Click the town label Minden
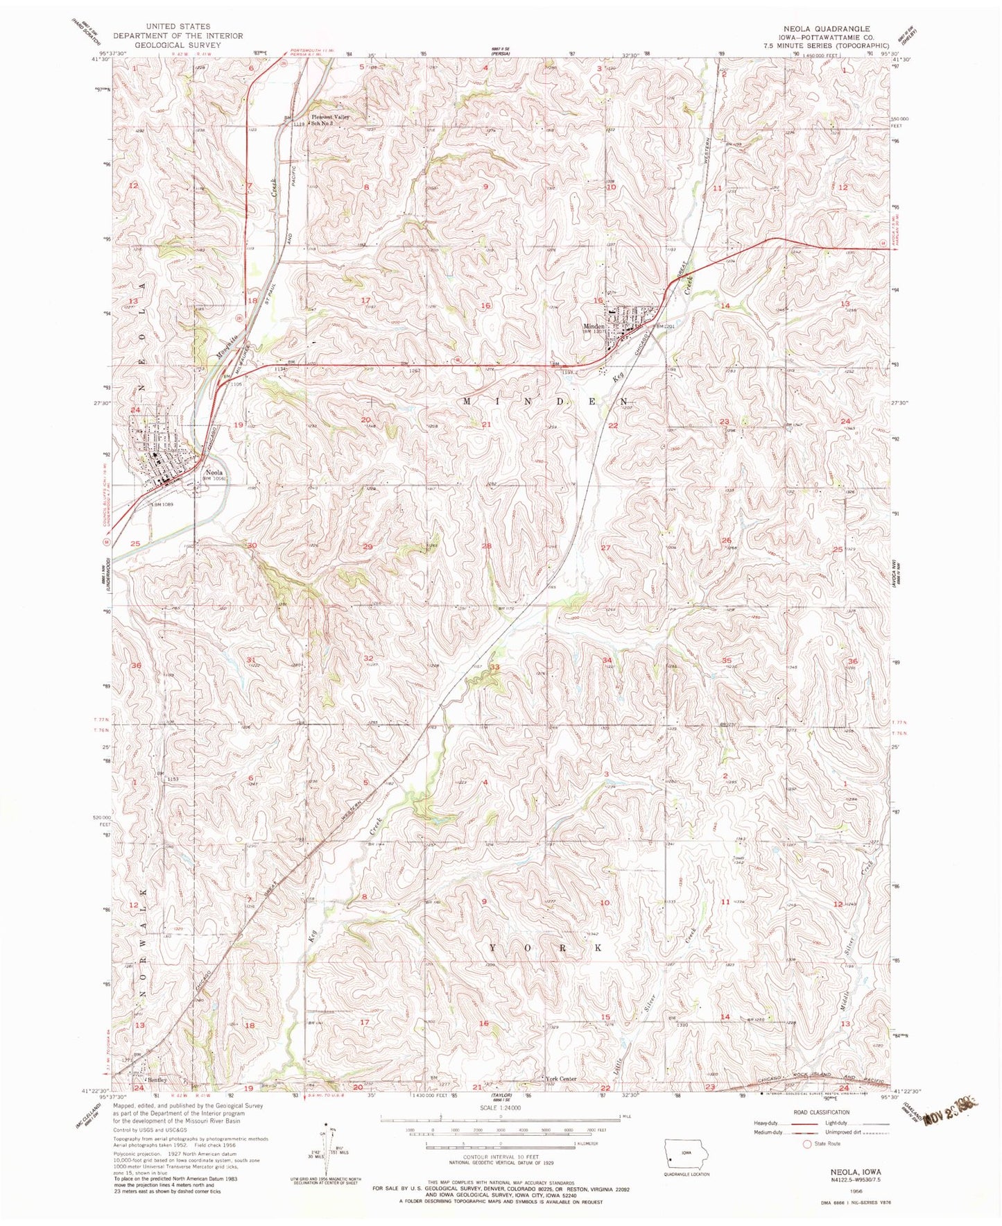tap(594, 326)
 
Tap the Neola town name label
tap(211, 476)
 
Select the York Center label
tap(562, 1079)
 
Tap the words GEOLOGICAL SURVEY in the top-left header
tap(178, 44)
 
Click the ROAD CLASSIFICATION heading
tap(812, 1112)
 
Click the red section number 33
tap(494, 667)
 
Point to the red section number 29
tap(368, 547)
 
